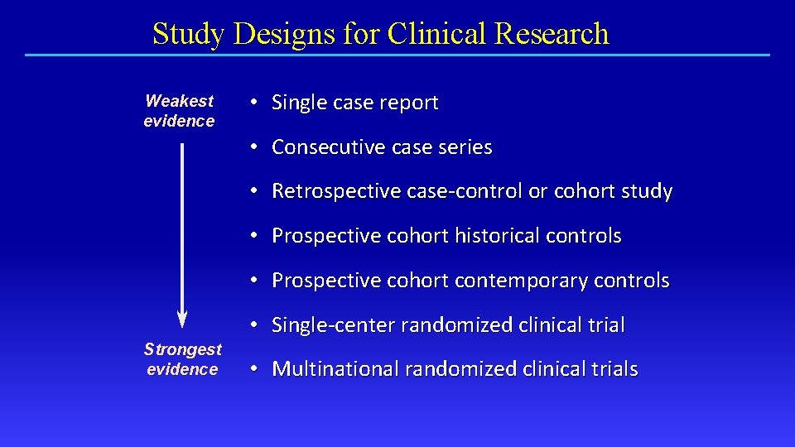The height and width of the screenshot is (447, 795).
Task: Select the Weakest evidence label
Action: pyautogui.click(x=179, y=111)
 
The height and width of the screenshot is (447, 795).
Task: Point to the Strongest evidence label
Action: pyautogui.click(x=182, y=359)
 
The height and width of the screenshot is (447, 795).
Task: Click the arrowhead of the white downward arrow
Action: pyautogui.click(x=182, y=319)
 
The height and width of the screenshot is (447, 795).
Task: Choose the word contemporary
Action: pyautogui.click(x=521, y=281)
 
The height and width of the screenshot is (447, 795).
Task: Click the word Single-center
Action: pyautogui.click(x=334, y=325)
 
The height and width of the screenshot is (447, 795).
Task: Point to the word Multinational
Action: pyautogui.click(x=332, y=369)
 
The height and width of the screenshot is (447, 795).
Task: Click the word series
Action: pyautogui.click(x=467, y=147)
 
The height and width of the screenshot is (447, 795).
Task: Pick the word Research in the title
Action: pyautogui.click(x=552, y=34)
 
